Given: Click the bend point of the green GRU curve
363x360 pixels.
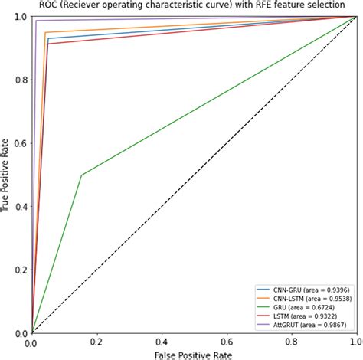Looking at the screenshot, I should click(x=81, y=175).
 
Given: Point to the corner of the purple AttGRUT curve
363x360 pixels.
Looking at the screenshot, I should click(x=36, y=21).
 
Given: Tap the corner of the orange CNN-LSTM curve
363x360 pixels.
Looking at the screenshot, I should click(x=45, y=32).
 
